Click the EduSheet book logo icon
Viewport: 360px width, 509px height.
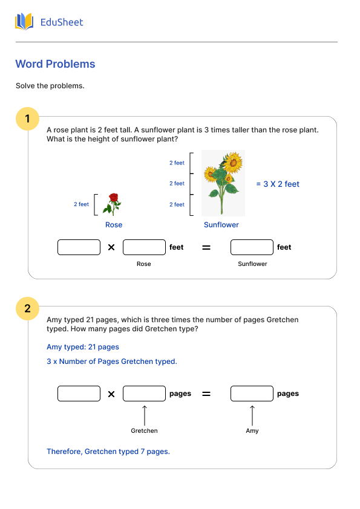point(24,22)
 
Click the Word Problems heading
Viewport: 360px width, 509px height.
point(55,64)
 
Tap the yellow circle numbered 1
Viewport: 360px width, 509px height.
point(27,117)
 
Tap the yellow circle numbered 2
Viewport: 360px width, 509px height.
point(27,309)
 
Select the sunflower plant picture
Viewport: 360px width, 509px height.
point(223,183)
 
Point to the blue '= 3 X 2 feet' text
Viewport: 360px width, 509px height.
point(277,184)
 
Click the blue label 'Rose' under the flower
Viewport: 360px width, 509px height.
point(114,225)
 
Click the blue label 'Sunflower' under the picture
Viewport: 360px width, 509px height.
point(221,225)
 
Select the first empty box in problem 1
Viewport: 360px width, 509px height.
point(79,247)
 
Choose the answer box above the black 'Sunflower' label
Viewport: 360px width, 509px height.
point(252,247)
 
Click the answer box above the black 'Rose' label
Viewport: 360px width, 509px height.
point(144,247)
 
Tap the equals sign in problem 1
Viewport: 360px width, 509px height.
point(206,247)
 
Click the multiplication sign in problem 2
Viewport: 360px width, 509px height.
point(111,394)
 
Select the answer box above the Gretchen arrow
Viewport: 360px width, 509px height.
point(144,394)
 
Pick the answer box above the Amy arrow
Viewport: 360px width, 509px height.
point(252,394)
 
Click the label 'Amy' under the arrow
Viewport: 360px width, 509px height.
point(252,431)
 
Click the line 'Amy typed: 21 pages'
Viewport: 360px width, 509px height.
point(83,347)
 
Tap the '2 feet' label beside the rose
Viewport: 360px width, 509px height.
point(81,204)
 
